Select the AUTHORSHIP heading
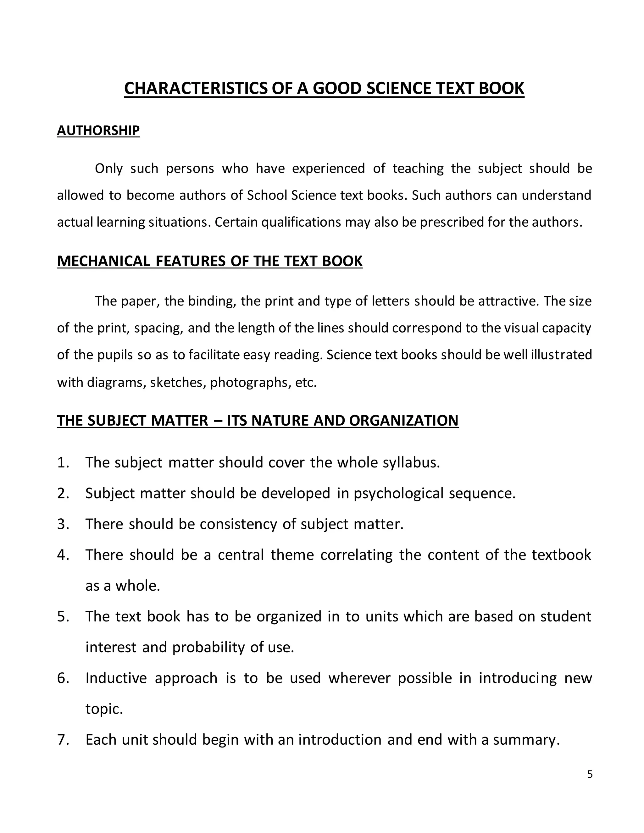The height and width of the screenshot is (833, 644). [98, 130]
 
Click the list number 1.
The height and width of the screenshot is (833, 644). [63, 463]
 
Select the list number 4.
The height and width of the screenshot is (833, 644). [63, 555]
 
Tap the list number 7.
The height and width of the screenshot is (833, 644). [63, 740]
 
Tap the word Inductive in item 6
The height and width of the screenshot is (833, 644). [116, 678]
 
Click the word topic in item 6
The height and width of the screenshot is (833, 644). [104, 709]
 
